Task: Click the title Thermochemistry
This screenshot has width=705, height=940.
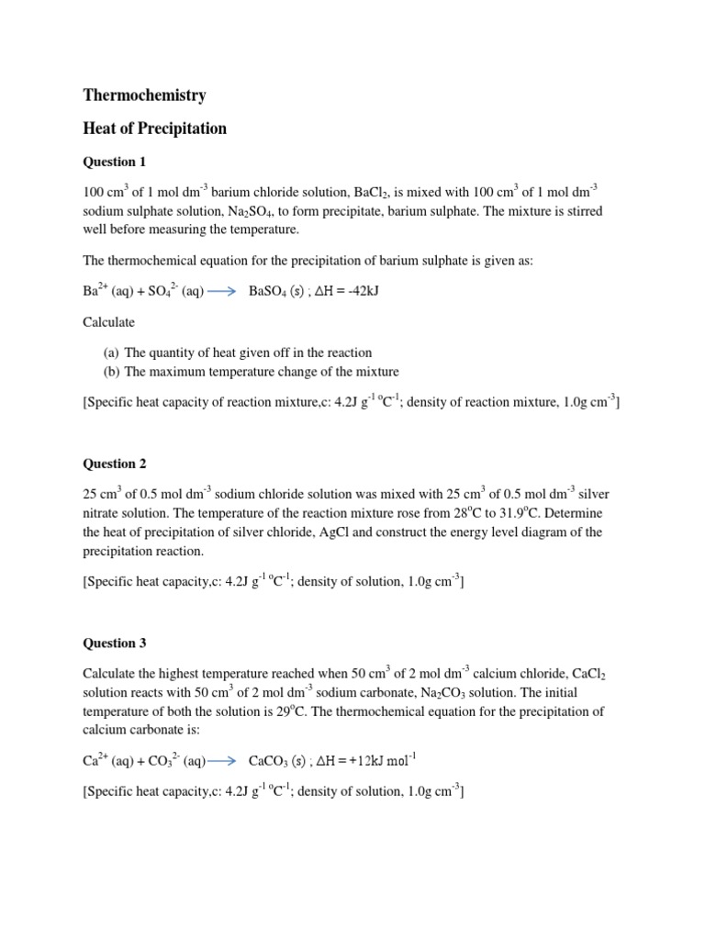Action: point(144,95)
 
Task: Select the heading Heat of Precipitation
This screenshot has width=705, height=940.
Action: point(154,129)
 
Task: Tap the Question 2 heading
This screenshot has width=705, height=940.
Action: point(114,464)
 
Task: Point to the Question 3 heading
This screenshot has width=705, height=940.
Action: point(114,643)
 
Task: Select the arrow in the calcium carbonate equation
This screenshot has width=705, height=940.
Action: point(224,760)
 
